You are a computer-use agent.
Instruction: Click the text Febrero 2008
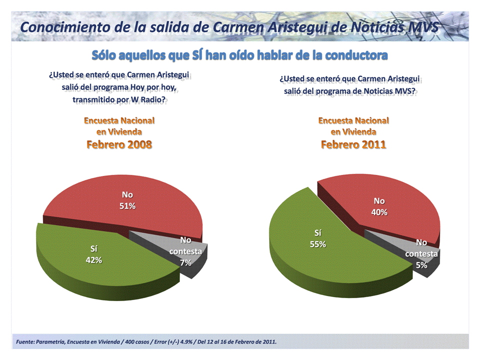119,145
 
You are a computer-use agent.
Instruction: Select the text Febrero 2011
353,145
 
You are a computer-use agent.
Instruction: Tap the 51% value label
127,206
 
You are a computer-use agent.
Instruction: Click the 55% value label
318,244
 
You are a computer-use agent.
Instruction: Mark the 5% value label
422,265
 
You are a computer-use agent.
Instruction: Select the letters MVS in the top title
422,27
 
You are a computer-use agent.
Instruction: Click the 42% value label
94,260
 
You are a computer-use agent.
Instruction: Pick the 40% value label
380,212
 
